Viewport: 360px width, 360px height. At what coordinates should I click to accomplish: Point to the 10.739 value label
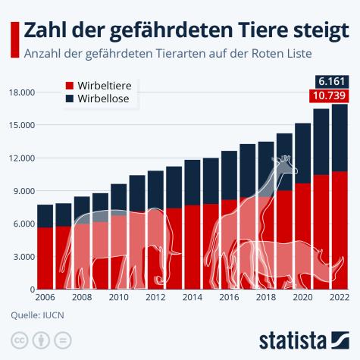[328, 95]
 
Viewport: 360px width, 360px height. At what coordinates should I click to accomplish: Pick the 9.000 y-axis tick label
[24, 191]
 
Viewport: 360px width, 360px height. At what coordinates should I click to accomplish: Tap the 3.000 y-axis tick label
[24, 257]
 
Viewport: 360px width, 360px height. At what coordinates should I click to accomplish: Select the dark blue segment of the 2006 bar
[45, 216]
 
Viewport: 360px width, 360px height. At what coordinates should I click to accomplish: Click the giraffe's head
[284, 161]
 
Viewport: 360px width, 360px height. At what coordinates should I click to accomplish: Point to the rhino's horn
[346, 262]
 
